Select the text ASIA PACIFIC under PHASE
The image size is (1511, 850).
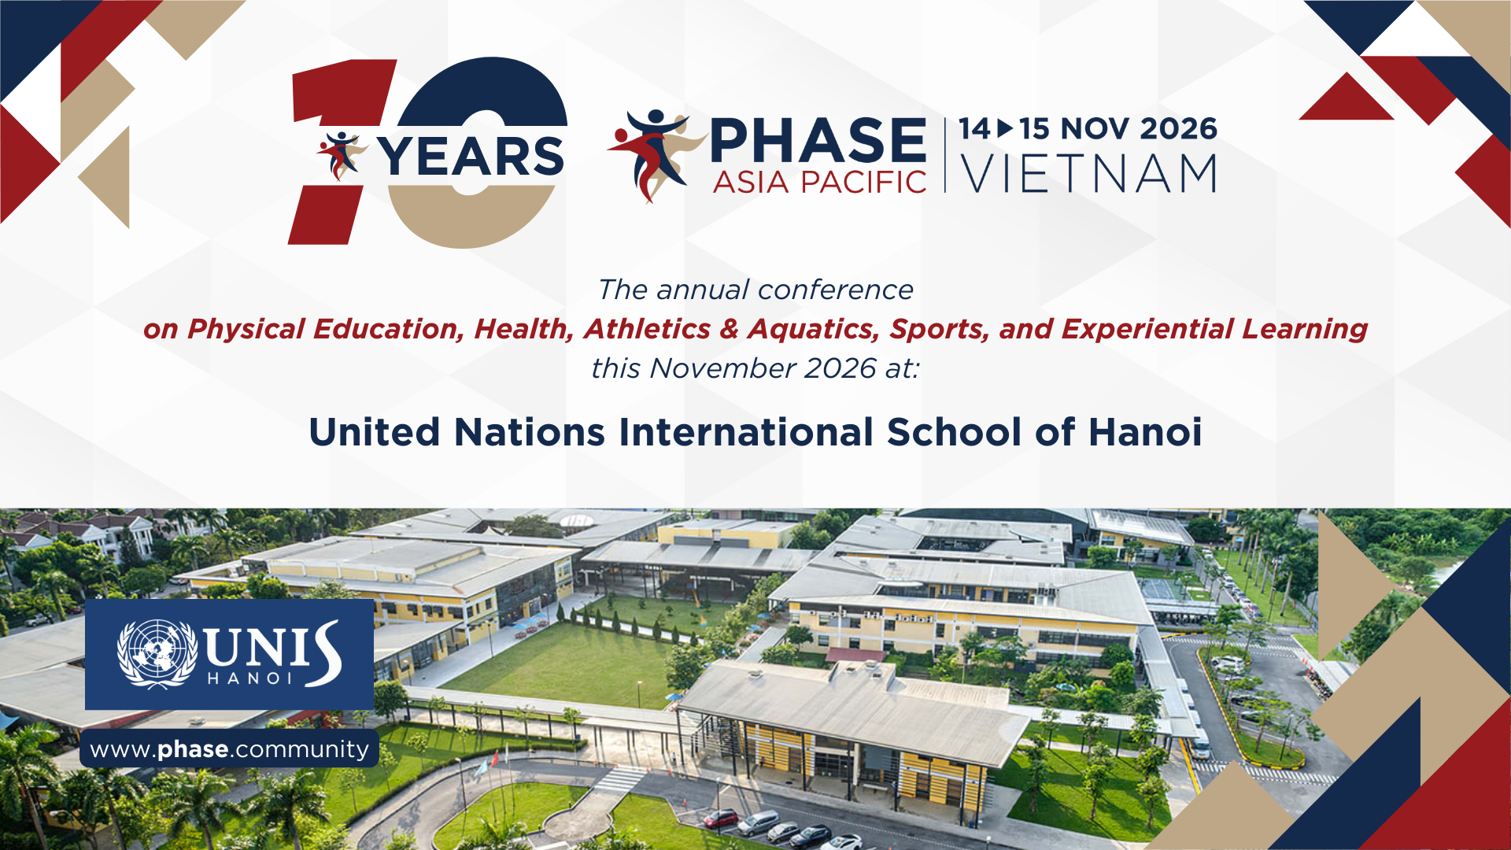[x=819, y=183]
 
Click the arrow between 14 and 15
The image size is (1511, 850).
[x=1005, y=128]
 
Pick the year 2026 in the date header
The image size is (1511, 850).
[x=1178, y=128]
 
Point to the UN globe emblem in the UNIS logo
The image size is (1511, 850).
[x=157, y=654]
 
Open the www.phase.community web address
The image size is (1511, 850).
[x=229, y=749]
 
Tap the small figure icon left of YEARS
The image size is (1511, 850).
[x=342, y=156]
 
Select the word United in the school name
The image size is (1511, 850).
[x=374, y=432]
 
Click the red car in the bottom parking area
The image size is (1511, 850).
[x=721, y=819]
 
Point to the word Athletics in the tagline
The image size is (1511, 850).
[x=647, y=329]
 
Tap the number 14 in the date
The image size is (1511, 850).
[x=974, y=128]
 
